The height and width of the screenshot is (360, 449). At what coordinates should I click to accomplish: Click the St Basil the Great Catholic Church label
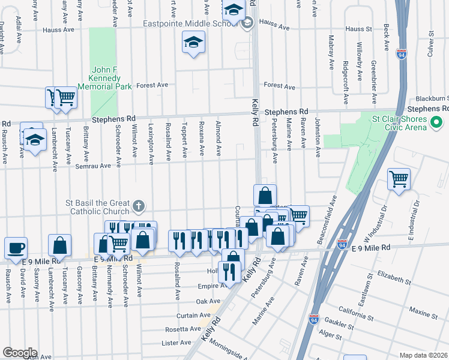click(x=97, y=207)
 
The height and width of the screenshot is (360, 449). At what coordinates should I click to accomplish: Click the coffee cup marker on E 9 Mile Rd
click(x=16, y=247)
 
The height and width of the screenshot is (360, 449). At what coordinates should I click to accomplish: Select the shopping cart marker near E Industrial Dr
click(x=399, y=179)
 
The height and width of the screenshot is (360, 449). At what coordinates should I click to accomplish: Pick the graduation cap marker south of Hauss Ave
click(x=193, y=43)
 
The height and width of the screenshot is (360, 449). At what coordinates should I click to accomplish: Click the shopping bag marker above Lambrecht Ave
click(x=59, y=245)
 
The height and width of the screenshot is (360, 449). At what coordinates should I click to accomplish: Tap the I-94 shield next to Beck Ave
click(x=402, y=55)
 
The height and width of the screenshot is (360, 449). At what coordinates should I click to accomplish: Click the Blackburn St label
click(x=433, y=98)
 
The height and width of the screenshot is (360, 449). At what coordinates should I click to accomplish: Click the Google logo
click(x=20, y=353)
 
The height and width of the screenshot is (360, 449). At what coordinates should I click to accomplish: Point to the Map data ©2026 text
click(x=423, y=355)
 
